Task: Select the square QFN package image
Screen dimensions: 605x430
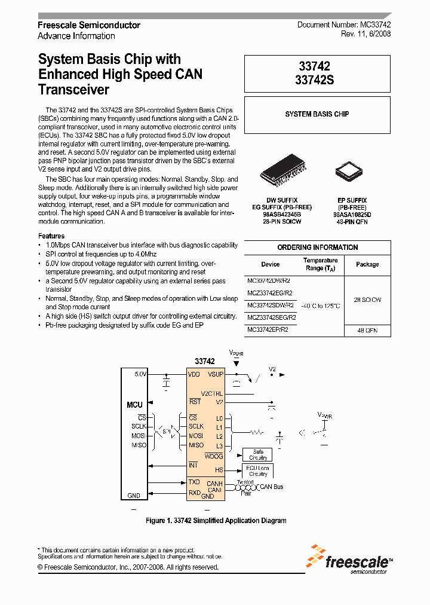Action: tap(349, 172)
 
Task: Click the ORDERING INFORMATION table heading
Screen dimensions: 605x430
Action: tap(318, 247)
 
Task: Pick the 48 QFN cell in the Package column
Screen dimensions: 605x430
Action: tap(367, 331)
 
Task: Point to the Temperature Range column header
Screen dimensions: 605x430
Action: tap(321, 264)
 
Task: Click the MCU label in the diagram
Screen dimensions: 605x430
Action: tap(134, 405)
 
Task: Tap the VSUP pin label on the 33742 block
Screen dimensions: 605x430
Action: tap(215, 374)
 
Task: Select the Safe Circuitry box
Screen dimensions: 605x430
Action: tap(258, 455)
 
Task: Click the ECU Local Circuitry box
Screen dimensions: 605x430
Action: tap(258, 470)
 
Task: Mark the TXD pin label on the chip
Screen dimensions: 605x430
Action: tap(194, 482)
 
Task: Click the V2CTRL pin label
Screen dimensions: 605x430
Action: tap(212, 393)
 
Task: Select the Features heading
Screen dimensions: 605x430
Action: tap(51, 236)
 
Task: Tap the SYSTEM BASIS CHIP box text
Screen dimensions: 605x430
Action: tap(317, 114)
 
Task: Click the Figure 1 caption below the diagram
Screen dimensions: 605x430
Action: tap(216, 521)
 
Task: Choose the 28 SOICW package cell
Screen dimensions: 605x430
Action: tap(367, 300)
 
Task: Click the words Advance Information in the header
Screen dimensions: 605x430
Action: tap(76, 36)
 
